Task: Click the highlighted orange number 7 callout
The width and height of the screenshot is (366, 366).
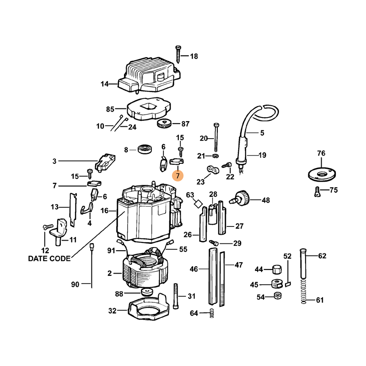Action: [178, 176]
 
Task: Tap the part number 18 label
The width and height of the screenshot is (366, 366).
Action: [194, 56]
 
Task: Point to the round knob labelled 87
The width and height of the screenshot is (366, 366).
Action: [164, 124]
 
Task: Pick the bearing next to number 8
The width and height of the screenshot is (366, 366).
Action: [145, 149]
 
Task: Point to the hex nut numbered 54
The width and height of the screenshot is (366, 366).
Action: [277, 297]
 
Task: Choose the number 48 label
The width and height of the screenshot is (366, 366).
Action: [265, 200]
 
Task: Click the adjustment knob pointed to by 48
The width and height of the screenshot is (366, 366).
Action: [242, 198]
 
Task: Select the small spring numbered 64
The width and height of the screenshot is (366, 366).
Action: [211, 313]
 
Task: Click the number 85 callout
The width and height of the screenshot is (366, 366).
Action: [110, 109]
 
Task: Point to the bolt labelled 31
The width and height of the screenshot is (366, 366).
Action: [176, 296]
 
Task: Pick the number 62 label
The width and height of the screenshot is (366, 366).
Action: [322, 256]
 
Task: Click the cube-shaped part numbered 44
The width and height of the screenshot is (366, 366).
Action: [276, 269]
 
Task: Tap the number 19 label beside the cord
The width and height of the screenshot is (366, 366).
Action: [262, 155]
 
